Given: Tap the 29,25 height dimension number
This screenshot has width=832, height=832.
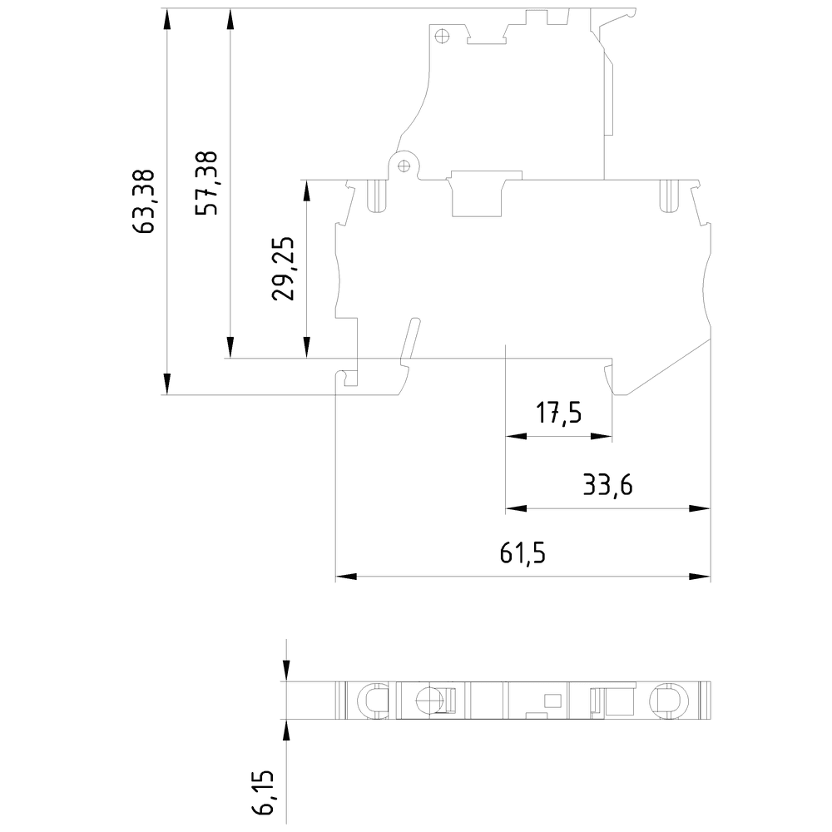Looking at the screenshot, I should pyautogui.click(x=285, y=269).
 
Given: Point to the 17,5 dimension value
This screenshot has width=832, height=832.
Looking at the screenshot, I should pyautogui.click(x=558, y=414).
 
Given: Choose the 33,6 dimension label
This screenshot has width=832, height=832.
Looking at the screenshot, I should pyautogui.click(x=607, y=485).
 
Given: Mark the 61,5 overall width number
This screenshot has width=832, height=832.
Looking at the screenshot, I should pyautogui.click(x=522, y=553).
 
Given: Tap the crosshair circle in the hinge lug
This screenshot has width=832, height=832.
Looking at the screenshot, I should pyautogui.click(x=404, y=164).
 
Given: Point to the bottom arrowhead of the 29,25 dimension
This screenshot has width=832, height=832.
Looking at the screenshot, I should pyautogui.click(x=307, y=348).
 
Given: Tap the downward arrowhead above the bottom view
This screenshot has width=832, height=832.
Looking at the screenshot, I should pyautogui.click(x=286, y=671).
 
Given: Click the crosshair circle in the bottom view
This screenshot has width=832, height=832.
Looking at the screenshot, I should pyautogui.click(x=428, y=701).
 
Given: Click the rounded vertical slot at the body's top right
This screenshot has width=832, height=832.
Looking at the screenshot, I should pyautogui.click(x=666, y=196).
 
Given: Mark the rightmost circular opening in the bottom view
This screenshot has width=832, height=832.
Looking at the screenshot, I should pyautogui.click(x=666, y=700).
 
